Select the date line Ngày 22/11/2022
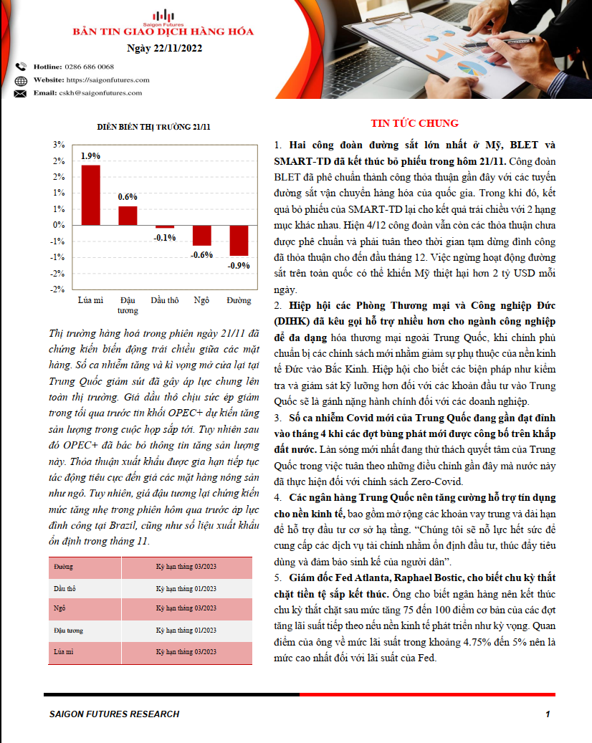[x=163, y=49]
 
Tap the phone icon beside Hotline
[x=20, y=67]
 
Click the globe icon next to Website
[x=20, y=80]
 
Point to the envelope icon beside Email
[x=20, y=93]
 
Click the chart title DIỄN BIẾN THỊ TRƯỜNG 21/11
[x=154, y=127]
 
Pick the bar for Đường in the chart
[x=239, y=240]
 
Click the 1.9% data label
[x=90, y=155]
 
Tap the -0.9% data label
[x=239, y=266]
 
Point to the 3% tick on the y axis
[x=59, y=144]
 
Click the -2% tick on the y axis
[x=57, y=289]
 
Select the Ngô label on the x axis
[x=201, y=300]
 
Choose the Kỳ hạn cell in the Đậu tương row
[x=186, y=631]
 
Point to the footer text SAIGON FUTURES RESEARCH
[x=114, y=714]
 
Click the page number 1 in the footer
[x=548, y=714]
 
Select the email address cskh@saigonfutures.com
[x=100, y=93]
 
